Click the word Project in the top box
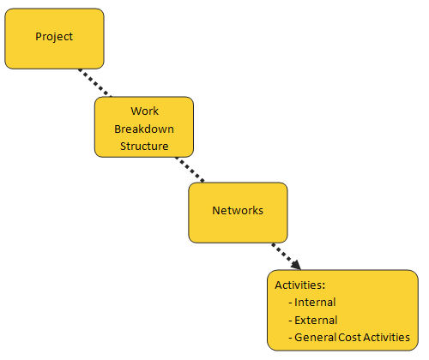[x=54, y=37]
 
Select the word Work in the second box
[x=144, y=111]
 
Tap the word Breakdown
[x=144, y=129]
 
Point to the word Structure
[x=144, y=146]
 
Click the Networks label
[x=238, y=210]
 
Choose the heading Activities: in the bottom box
[x=300, y=285]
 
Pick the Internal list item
[x=315, y=303]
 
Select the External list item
[x=316, y=320]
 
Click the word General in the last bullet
[x=316, y=338]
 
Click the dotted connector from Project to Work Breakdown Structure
[x=95, y=83]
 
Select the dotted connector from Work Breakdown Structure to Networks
[x=190, y=170]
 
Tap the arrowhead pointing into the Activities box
[x=296, y=265]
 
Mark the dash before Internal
[x=290, y=303]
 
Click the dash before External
[x=290, y=321]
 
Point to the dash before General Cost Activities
[x=290, y=339]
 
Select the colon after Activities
[x=323, y=286]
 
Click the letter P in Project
[x=39, y=36]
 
